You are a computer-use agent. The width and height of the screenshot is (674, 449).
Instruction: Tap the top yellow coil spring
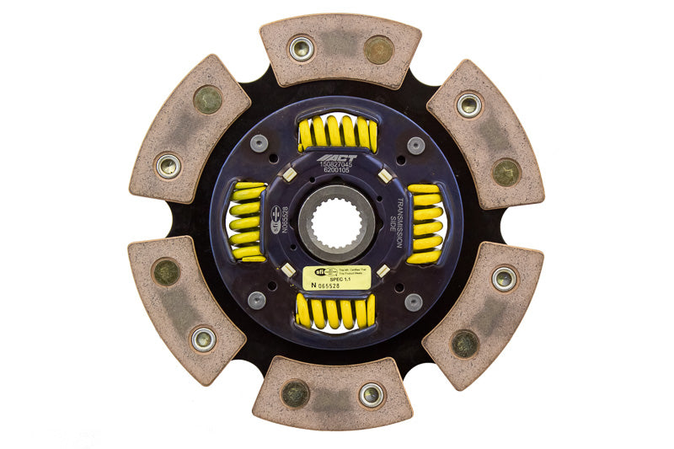[x=336, y=133]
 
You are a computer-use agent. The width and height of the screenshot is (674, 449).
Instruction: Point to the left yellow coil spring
[x=247, y=222]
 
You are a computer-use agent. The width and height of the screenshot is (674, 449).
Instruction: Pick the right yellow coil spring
[x=425, y=222]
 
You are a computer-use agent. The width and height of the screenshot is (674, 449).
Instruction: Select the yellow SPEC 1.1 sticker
[x=337, y=276]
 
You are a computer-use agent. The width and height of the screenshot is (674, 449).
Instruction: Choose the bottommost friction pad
[x=334, y=394]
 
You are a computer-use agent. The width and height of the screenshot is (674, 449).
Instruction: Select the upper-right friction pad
[x=485, y=132]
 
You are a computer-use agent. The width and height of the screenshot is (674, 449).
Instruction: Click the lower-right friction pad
[x=484, y=314]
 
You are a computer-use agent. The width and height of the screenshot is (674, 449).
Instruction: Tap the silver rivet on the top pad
[x=302, y=48]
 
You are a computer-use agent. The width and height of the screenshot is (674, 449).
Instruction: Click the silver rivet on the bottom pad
[x=372, y=394]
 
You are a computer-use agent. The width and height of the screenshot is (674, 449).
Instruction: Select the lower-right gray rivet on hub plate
[x=414, y=301]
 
